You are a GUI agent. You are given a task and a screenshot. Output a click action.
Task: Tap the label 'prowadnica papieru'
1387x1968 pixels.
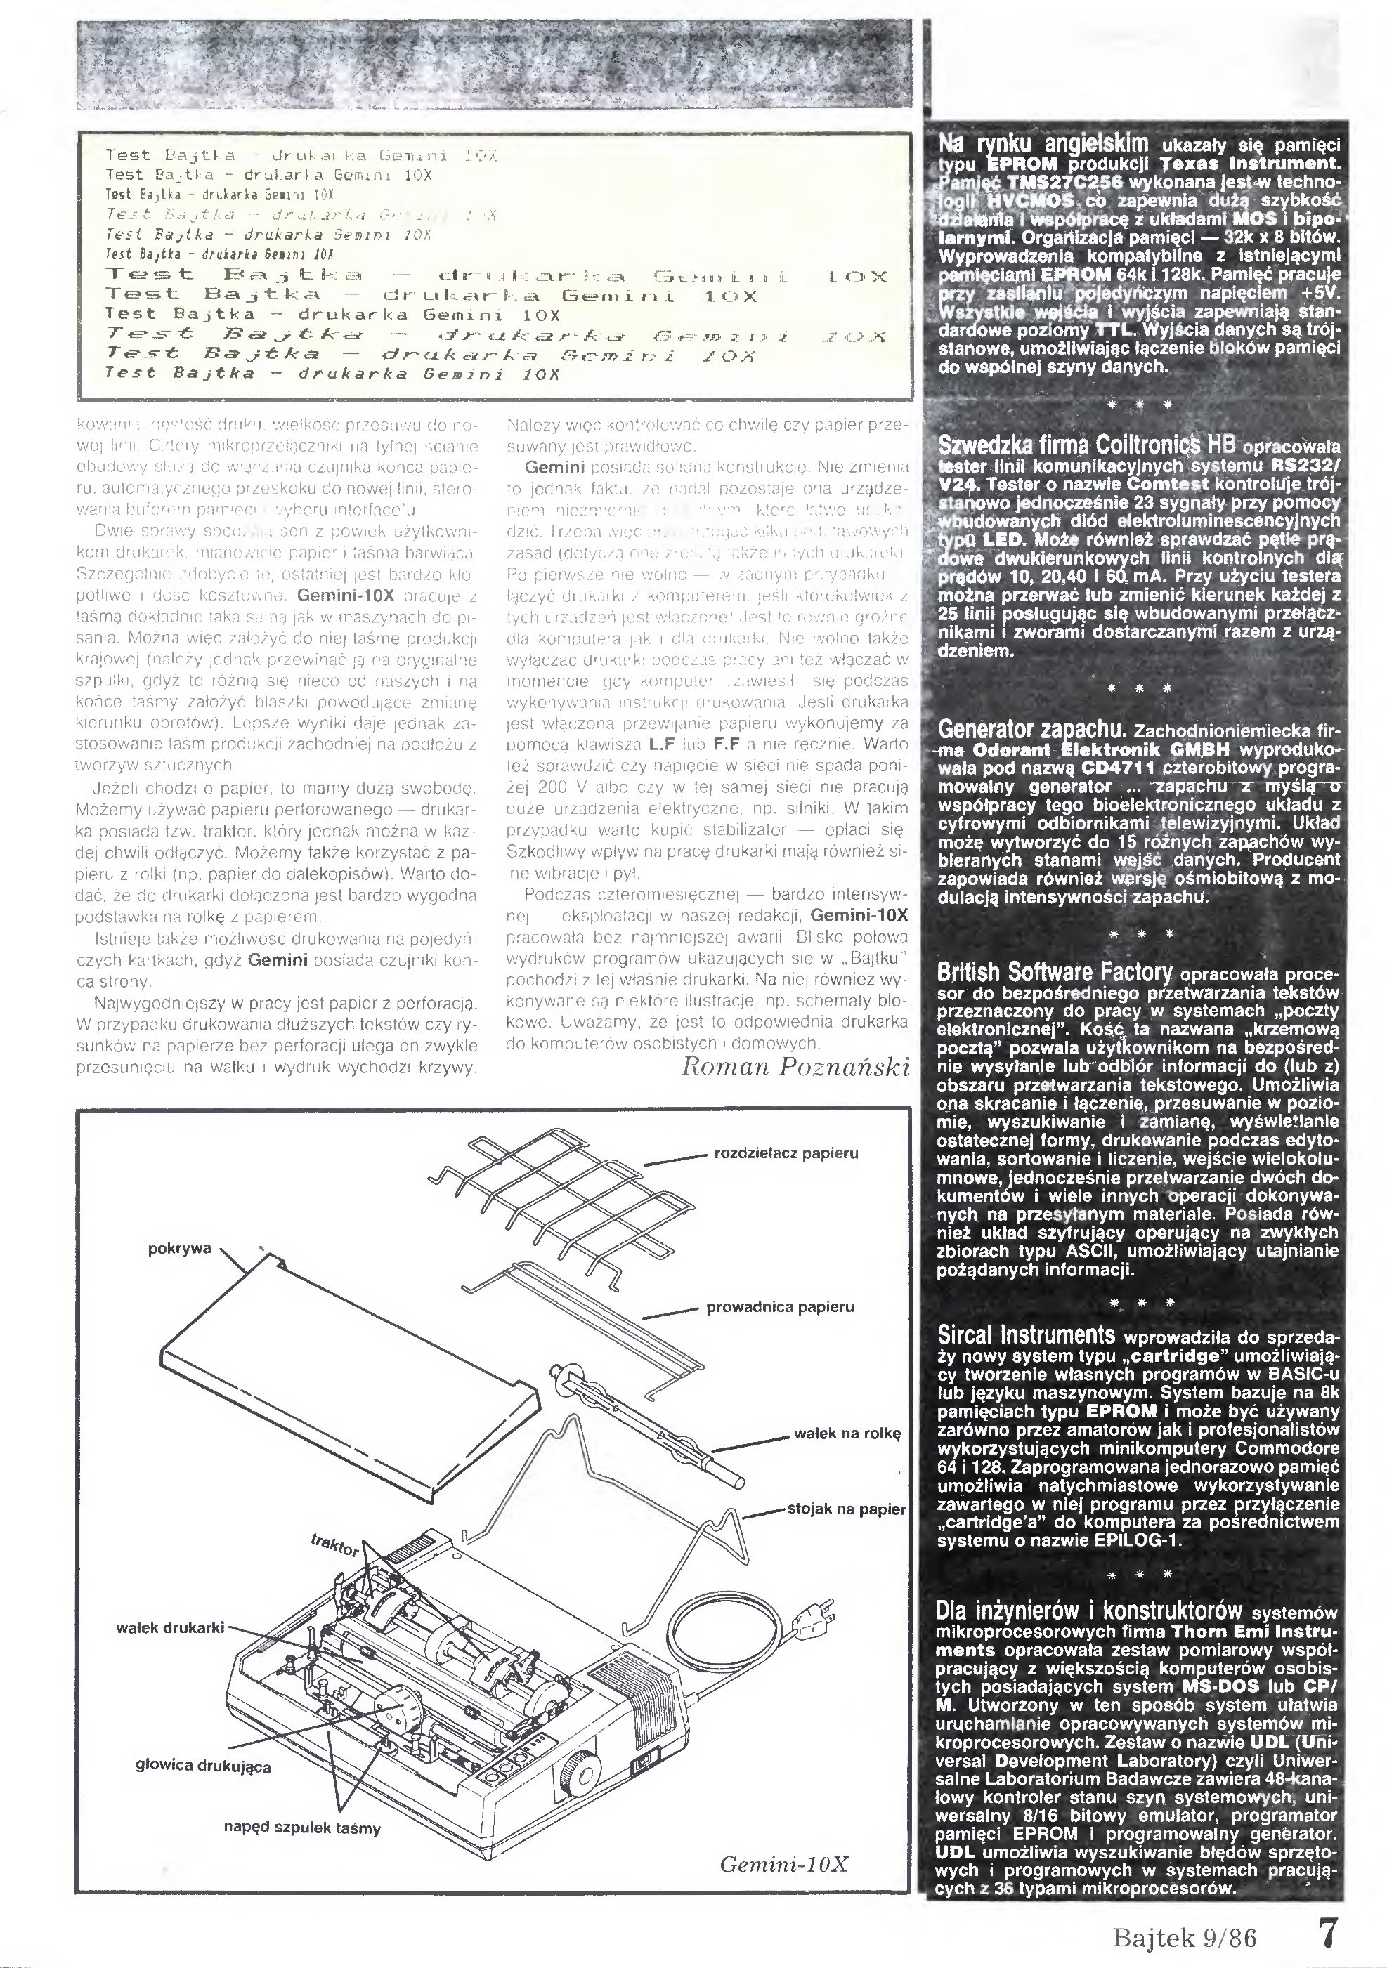[x=779, y=1307]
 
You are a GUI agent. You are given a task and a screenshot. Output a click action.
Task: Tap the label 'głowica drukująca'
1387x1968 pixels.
[x=203, y=1766]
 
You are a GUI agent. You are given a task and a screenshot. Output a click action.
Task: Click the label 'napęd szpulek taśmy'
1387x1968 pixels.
[x=301, y=1828]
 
